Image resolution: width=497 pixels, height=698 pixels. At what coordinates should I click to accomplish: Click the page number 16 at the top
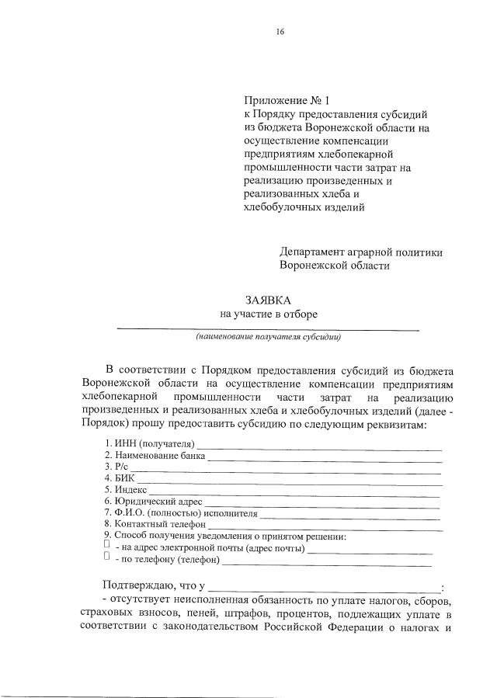[280, 31]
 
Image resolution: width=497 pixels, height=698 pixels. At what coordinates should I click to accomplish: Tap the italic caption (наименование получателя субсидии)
[268, 338]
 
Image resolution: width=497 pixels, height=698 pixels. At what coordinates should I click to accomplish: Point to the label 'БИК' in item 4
[123, 479]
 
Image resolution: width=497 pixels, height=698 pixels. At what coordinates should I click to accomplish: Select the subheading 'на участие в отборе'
[269, 314]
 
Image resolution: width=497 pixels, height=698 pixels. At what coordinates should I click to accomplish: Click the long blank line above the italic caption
[268, 330]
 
